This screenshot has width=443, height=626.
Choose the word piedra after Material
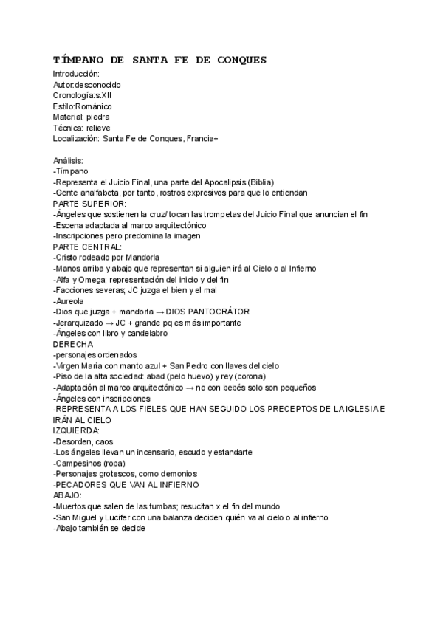click(x=98, y=117)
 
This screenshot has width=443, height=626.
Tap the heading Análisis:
click(x=69, y=160)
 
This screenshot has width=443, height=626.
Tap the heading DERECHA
click(x=73, y=344)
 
